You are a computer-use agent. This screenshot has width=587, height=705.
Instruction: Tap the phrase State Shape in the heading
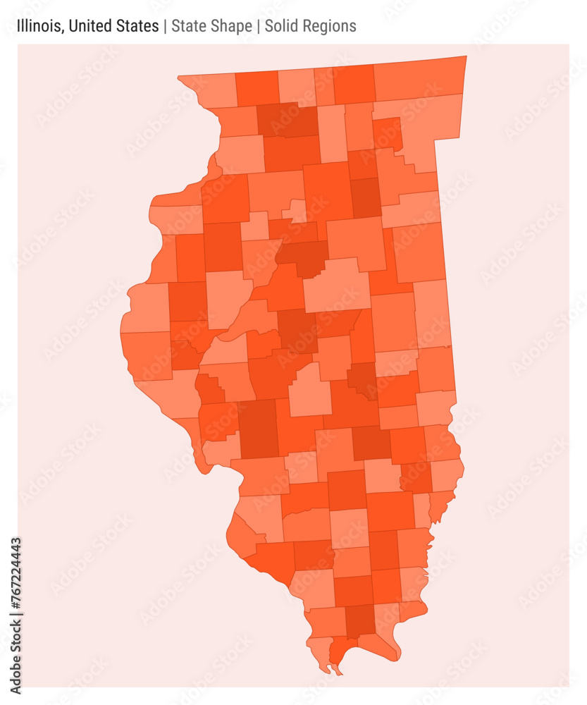(211, 27)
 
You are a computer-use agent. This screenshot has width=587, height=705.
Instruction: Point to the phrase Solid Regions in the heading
(310, 27)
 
